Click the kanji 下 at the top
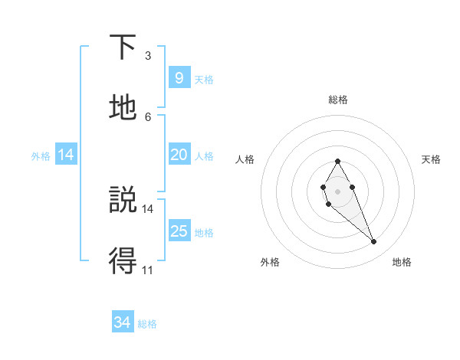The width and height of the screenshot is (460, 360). click(x=123, y=48)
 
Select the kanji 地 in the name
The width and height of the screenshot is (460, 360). click(x=123, y=108)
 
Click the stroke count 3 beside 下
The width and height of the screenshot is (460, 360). click(x=148, y=56)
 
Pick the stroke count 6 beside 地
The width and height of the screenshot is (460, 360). click(x=148, y=116)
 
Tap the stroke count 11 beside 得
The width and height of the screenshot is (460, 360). click(x=148, y=269)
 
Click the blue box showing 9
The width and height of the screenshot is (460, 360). click(x=179, y=78)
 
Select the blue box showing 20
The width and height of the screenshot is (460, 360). click(x=179, y=155)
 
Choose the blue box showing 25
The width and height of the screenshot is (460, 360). click(x=179, y=231)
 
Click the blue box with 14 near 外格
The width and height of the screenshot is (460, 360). click(x=66, y=155)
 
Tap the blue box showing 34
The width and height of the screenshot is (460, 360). click(x=122, y=322)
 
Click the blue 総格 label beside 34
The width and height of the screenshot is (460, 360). click(x=147, y=324)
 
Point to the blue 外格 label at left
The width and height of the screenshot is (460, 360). click(x=41, y=156)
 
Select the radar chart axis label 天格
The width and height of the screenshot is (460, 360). click(x=432, y=159)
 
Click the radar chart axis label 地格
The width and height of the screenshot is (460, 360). click(x=402, y=262)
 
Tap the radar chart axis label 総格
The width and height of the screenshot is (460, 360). click(x=338, y=100)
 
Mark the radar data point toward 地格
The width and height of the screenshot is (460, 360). click(x=373, y=242)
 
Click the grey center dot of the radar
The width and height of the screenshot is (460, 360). click(x=337, y=190)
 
